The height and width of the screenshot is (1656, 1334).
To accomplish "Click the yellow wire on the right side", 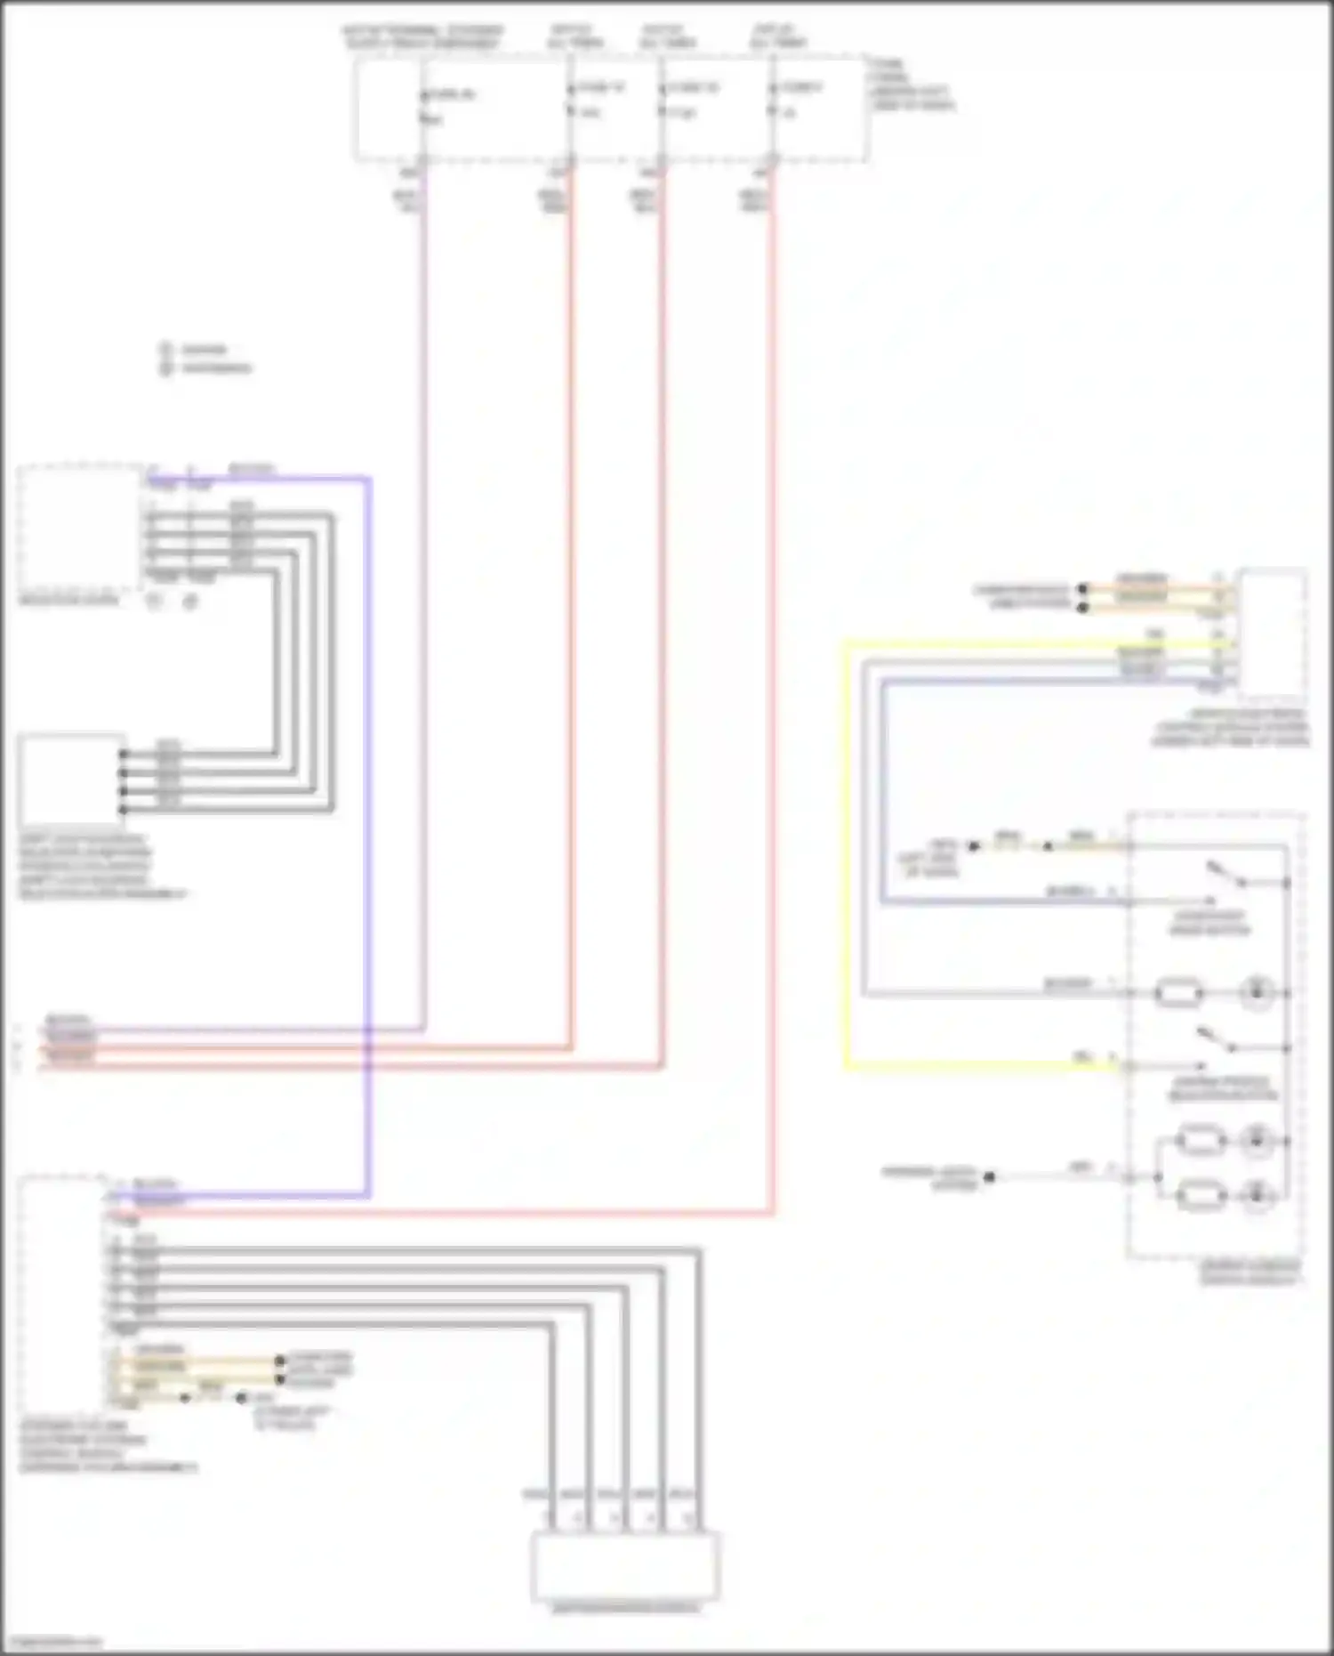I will coord(847,854).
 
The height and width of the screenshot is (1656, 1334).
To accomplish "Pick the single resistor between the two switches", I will coord(1178,992).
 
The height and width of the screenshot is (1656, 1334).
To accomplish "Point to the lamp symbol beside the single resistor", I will coord(1257,992).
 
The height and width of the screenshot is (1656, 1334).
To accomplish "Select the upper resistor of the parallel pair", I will coord(1201,1140).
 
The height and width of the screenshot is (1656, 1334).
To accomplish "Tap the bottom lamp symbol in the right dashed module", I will coord(1257,1194).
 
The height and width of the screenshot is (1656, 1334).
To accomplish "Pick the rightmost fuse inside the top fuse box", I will coord(773,100).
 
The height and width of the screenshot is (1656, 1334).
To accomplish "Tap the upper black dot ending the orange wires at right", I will coord(1082,588).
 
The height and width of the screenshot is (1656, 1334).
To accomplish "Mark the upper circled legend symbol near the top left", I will coord(165,350).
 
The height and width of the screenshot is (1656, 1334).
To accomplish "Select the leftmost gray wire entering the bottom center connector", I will coord(551,1424).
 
